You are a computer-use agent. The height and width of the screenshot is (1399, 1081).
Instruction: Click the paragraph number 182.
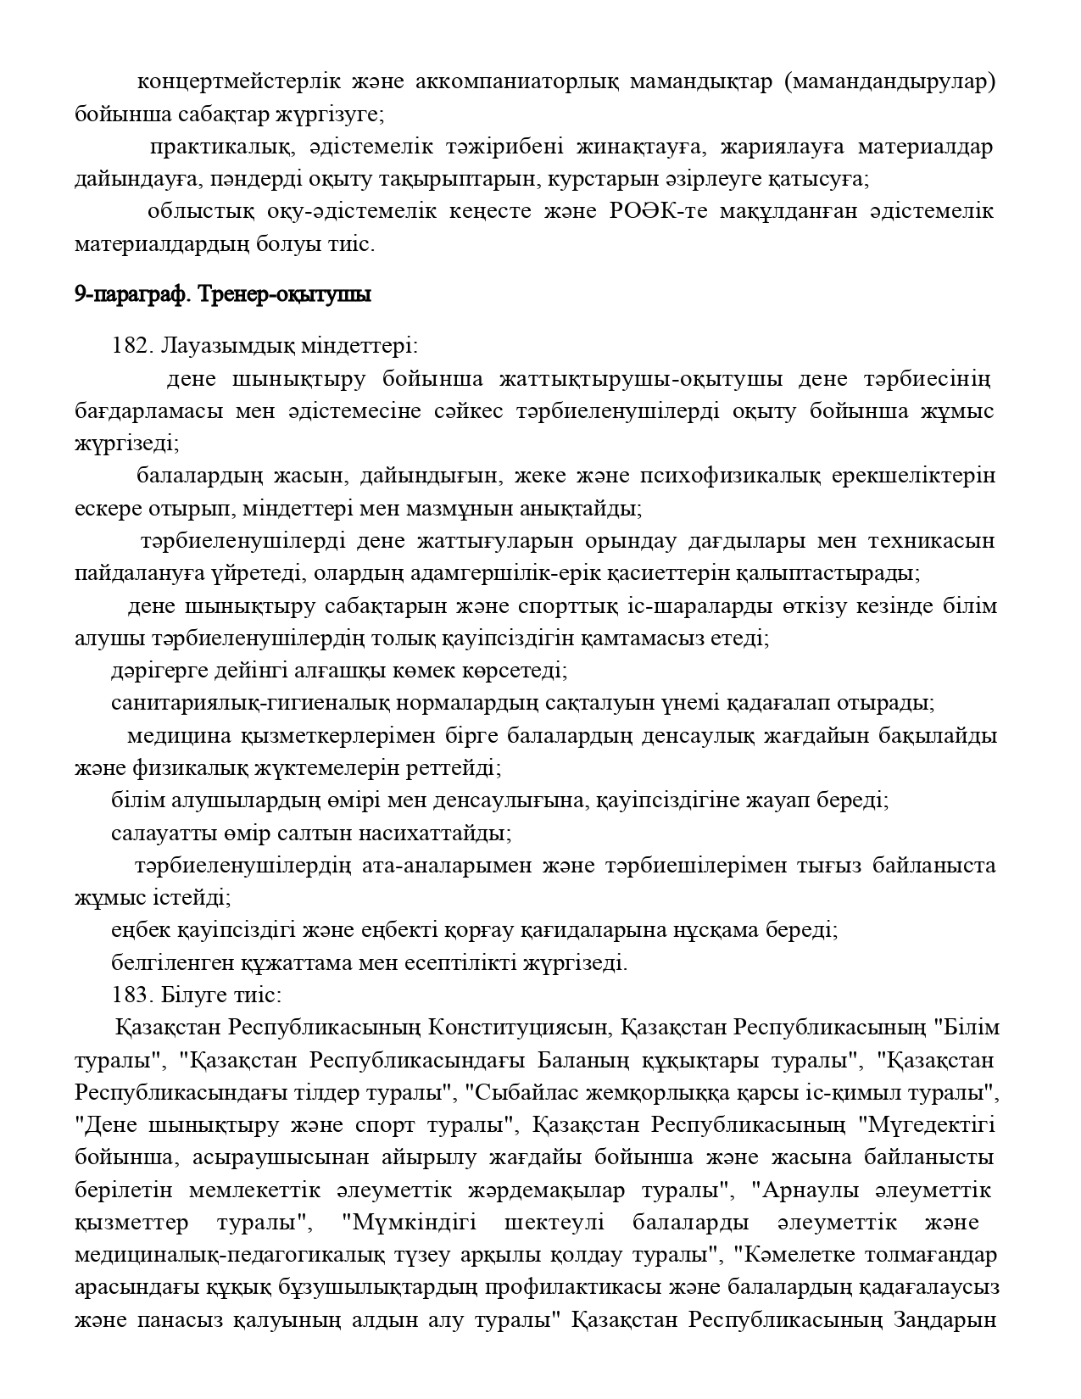point(130,346)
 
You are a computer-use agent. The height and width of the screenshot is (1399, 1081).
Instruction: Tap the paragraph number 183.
point(130,995)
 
